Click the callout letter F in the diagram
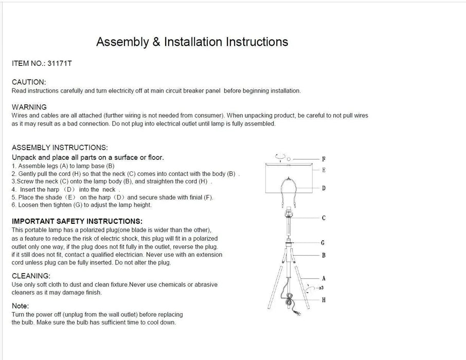(324, 159)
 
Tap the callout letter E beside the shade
(324, 170)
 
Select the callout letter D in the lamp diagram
(324, 188)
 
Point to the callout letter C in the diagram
(324, 218)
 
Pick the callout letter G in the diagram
(322, 243)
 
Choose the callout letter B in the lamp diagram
(324, 256)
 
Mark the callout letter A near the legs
(324, 278)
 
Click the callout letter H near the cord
(324, 300)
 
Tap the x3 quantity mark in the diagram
(320, 289)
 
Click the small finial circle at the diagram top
(289, 158)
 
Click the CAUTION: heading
(29, 82)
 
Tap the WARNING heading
(29, 107)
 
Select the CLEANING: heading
(31, 276)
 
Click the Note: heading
(21, 306)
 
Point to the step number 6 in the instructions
(14, 205)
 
